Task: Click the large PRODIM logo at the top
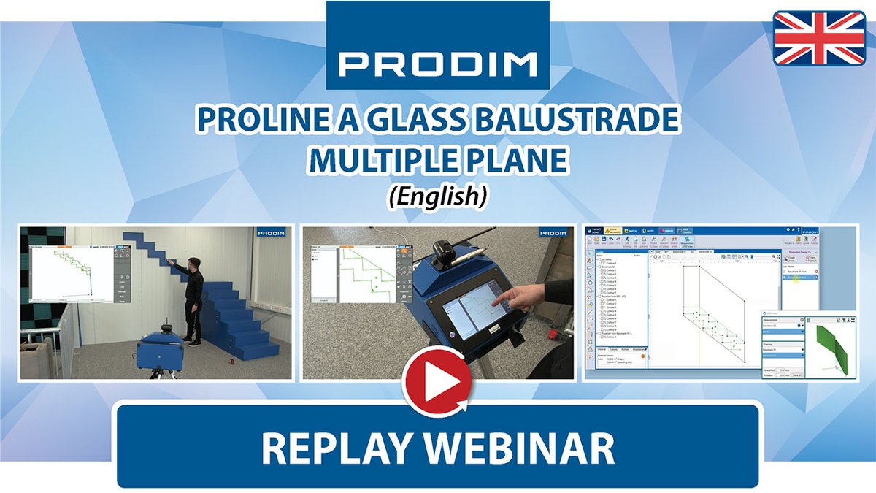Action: point(437,64)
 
